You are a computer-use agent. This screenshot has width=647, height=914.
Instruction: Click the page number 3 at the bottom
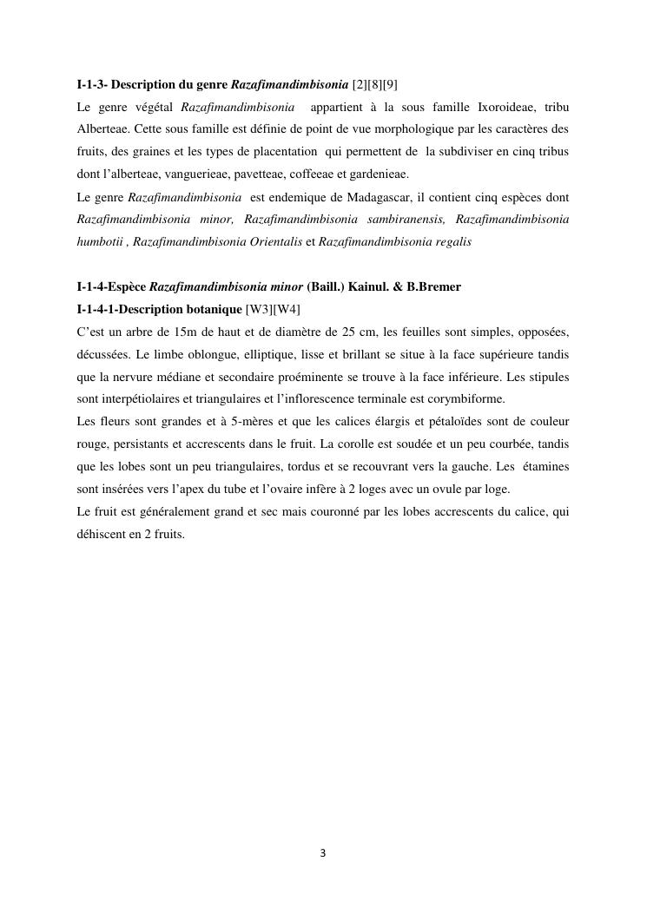[x=323, y=853]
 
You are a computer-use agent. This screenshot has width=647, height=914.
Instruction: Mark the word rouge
[x=91, y=444]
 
